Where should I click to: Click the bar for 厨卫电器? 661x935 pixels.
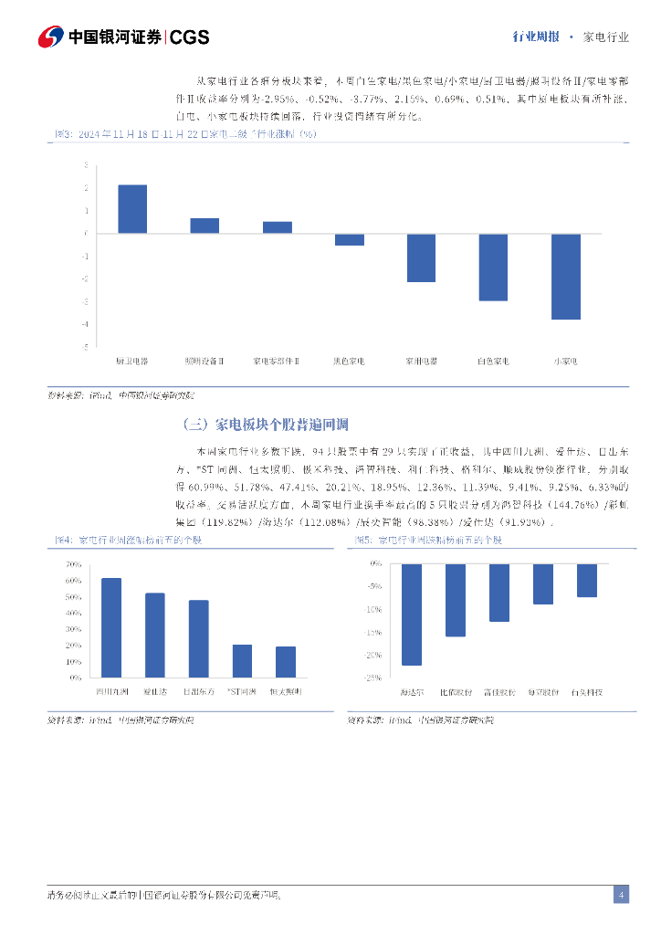pyautogui.click(x=132, y=209)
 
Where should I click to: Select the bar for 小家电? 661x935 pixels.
pyautogui.click(x=565, y=276)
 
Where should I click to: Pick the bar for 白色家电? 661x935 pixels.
pyautogui.click(x=493, y=267)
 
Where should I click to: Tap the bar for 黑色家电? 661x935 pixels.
pyautogui.click(x=349, y=239)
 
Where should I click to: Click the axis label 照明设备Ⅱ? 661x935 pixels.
pyautogui.click(x=205, y=362)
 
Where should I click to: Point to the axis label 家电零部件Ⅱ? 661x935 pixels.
pyautogui.click(x=277, y=362)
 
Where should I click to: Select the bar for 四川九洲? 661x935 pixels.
pyautogui.click(x=111, y=628)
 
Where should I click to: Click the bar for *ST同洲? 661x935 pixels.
pyautogui.click(x=242, y=661)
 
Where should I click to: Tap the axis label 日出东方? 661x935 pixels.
pyautogui.click(x=198, y=692)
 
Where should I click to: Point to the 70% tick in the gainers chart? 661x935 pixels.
pyautogui.click(x=74, y=563)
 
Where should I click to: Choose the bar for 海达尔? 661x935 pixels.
pyautogui.click(x=412, y=615)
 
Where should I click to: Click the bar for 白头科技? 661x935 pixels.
pyautogui.click(x=587, y=580)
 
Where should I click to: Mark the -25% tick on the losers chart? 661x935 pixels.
pyautogui.click(x=374, y=678)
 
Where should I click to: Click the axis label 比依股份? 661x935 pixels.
pyautogui.click(x=456, y=692)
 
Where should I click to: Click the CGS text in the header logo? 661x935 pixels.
pyautogui.click(x=190, y=37)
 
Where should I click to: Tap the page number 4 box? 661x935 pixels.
pyautogui.click(x=620, y=895)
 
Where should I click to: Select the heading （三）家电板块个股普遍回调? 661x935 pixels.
pyautogui.click(x=266, y=425)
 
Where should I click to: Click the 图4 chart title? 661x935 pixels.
pyautogui.click(x=128, y=541)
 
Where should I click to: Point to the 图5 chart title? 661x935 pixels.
pyautogui.click(x=428, y=541)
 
